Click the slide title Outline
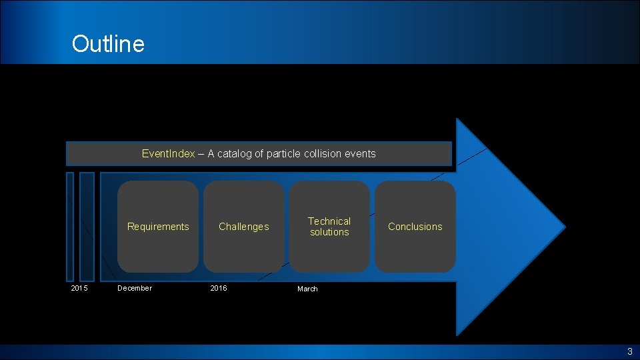(x=108, y=44)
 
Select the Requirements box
(x=158, y=227)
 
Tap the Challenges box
(x=244, y=227)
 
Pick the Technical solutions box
(x=329, y=227)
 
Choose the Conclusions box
(x=415, y=227)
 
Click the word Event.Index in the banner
(x=168, y=154)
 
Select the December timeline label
(x=135, y=288)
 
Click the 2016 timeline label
(x=219, y=288)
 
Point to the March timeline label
(x=307, y=289)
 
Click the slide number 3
(x=629, y=352)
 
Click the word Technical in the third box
(x=329, y=221)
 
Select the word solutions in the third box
(x=329, y=232)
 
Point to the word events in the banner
(x=360, y=154)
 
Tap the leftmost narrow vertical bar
(x=70, y=227)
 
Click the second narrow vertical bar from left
(x=87, y=227)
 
